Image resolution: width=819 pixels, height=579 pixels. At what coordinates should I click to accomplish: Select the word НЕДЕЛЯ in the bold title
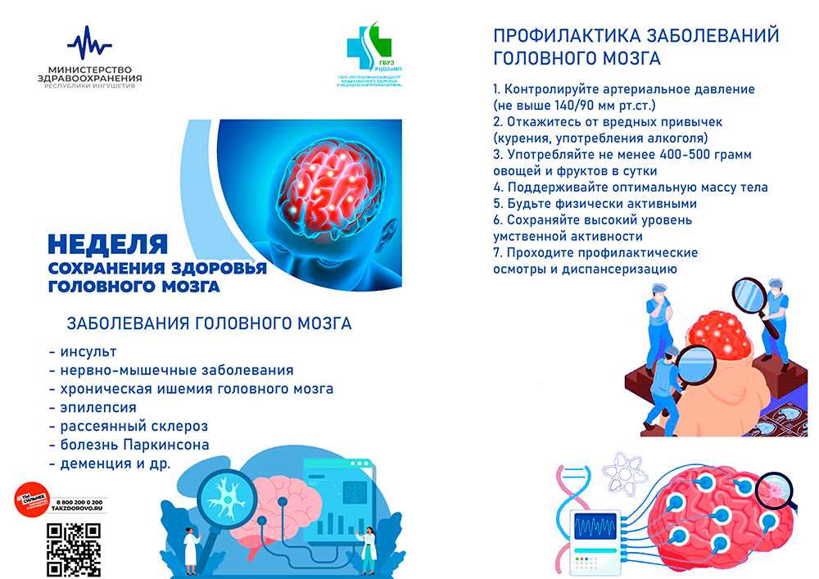click(107, 244)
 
